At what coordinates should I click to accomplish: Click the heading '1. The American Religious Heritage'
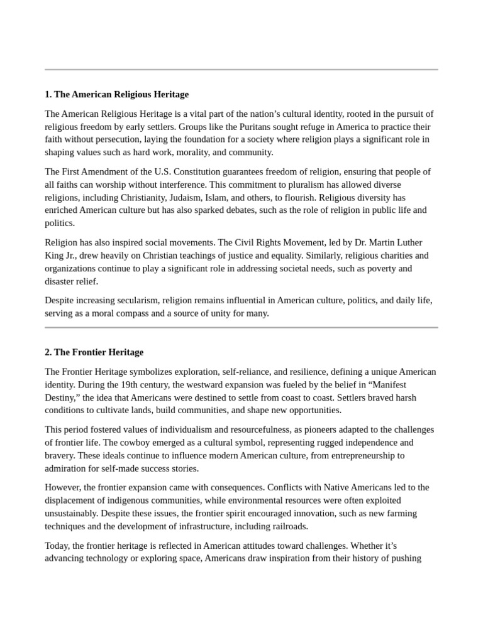pyautogui.click(x=116, y=95)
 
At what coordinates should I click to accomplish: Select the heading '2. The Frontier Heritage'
pyautogui.click(x=94, y=352)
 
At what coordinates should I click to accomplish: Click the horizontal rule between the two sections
pyautogui.click(x=241, y=327)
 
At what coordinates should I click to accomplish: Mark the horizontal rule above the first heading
pyautogui.click(x=241, y=70)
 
